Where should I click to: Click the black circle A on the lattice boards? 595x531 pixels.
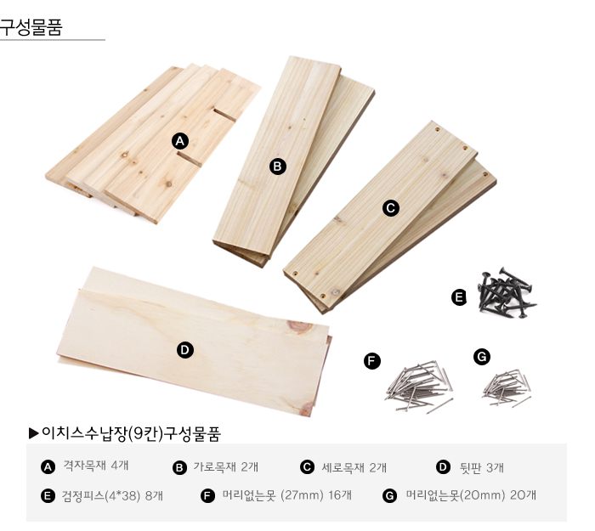(x=180, y=142)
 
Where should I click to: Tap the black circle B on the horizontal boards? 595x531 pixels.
(x=277, y=167)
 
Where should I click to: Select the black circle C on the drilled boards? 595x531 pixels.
(x=391, y=208)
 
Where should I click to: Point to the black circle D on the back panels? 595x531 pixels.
(x=185, y=350)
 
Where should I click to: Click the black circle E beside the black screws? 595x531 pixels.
(x=459, y=297)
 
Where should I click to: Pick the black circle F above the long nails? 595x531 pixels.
(x=372, y=361)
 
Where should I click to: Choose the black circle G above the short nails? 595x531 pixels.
(x=482, y=357)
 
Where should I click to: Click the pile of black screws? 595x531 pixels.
(x=507, y=293)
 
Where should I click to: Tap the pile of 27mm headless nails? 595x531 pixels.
(x=419, y=387)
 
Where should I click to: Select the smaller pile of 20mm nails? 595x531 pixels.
(x=507, y=388)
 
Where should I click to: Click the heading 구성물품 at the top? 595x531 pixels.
(x=31, y=27)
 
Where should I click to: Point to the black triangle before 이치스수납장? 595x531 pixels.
(x=34, y=433)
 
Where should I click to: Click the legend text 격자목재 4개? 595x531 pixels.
(x=95, y=466)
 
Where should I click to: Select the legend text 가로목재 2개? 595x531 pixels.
(x=226, y=467)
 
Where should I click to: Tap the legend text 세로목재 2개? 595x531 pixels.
(x=354, y=467)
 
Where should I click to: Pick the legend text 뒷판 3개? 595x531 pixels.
(x=482, y=468)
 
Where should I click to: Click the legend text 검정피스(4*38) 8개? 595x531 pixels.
(x=112, y=495)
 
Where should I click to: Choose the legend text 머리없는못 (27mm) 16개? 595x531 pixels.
(x=287, y=495)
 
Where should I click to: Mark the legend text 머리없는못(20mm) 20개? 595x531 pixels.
(x=471, y=495)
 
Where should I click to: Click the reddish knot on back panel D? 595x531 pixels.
(x=300, y=327)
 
